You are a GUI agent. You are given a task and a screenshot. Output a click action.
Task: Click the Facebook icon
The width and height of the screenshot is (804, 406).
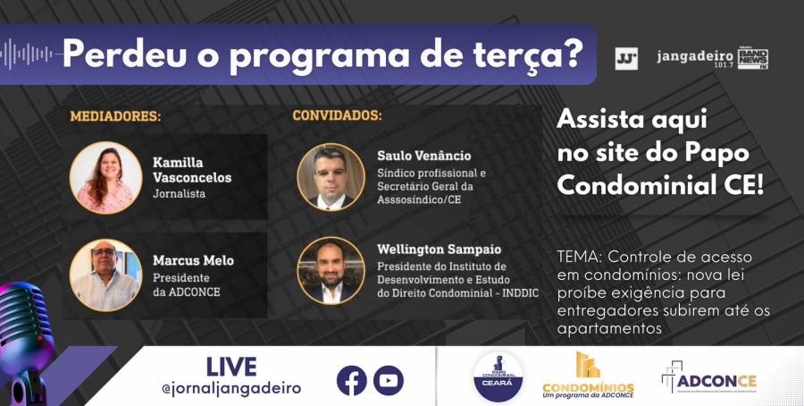pos(352,380)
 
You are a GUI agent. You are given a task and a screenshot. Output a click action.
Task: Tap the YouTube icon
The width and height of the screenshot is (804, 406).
pos(389,380)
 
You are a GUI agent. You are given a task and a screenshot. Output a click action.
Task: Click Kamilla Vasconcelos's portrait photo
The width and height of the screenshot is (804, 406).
pos(105,177)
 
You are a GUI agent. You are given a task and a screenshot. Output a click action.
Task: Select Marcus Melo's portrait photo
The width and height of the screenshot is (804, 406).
pos(105,275)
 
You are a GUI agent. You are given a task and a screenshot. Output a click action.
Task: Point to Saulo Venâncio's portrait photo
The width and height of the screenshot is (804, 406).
pos(331,177)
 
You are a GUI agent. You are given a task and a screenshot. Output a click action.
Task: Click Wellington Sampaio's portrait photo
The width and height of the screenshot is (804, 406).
pos(331,270)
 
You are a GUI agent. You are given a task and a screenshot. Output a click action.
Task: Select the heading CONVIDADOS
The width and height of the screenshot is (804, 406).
pos(337,116)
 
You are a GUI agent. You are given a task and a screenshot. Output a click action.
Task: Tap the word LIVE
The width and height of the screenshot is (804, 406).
pos(230,367)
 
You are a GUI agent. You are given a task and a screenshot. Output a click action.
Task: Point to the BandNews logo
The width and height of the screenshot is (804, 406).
pos(752,59)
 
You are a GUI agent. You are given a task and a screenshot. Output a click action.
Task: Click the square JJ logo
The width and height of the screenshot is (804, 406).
pos(626,59)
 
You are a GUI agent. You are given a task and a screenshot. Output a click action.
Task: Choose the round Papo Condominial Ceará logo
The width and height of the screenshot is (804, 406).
pos(498,376)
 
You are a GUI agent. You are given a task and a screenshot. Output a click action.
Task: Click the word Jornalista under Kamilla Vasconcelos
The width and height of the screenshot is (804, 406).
pos(180,193)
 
